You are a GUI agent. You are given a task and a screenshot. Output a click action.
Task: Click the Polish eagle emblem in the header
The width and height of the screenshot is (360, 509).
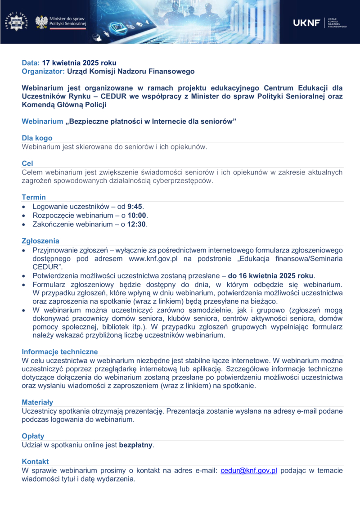pyautogui.click(x=41, y=22)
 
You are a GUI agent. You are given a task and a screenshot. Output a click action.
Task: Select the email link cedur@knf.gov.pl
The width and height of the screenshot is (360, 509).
pyautogui.click(x=248, y=471)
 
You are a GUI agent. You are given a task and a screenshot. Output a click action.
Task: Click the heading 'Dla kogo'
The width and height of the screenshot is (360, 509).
pyautogui.click(x=37, y=138)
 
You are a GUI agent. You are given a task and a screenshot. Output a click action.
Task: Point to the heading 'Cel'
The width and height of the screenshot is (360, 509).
pyautogui.click(x=27, y=163)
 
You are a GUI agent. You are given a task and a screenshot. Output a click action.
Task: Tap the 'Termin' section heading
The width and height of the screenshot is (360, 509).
pyautogui.click(x=34, y=197)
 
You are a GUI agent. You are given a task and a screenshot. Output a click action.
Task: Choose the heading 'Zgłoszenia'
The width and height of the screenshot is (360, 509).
pyautogui.click(x=40, y=241)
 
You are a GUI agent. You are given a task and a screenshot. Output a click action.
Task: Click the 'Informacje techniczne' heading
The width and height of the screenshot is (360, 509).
pyautogui.click(x=59, y=351)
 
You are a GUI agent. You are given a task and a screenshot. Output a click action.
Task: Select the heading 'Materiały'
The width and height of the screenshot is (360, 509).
pyautogui.click(x=37, y=402)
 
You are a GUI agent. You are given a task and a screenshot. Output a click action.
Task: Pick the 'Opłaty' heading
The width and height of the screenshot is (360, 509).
pyautogui.click(x=33, y=436)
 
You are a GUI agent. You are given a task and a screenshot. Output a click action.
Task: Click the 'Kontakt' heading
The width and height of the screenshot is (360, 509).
pyautogui.click(x=35, y=462)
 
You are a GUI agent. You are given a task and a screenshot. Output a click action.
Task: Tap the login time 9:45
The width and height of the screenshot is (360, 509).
pyautogui.click(x=135, y=207)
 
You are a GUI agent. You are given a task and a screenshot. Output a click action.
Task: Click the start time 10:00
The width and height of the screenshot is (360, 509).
pyautogui.click(x=137, y=215)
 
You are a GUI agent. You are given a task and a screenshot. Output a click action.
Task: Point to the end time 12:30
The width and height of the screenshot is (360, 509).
pyautogui.click(x=137, y=224)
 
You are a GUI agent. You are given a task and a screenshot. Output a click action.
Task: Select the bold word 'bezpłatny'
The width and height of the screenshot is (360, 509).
pyautogui.click(x=135, y=445)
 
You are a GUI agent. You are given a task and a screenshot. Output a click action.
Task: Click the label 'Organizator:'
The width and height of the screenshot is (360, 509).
pyautogui.click(x=44, y=71)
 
